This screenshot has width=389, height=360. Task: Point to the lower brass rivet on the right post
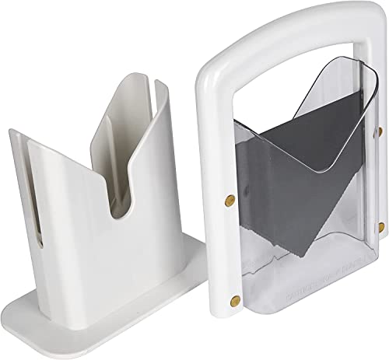coord(381,226)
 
